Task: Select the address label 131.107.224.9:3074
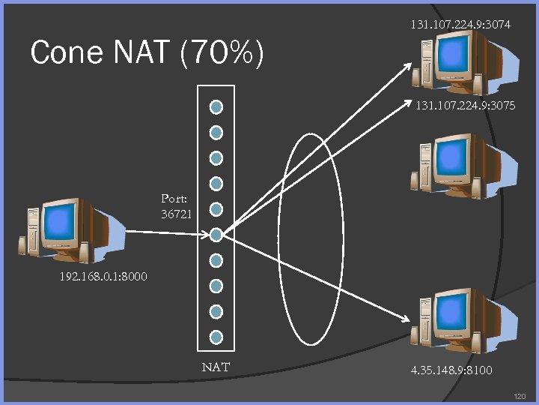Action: tap(460, 25)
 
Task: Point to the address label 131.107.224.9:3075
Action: tap(465, 106)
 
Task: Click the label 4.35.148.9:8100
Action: tap(451, 370)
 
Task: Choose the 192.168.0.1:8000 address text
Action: tap(103, 277)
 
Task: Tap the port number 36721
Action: tap(177, 214)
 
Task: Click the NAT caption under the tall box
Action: tap(216, 367)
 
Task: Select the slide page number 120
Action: tap(520, 396)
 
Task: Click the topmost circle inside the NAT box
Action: tap(216, 107)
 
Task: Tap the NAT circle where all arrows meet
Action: tap(216, 235)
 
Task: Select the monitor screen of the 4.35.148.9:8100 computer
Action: tap(454, 311)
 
